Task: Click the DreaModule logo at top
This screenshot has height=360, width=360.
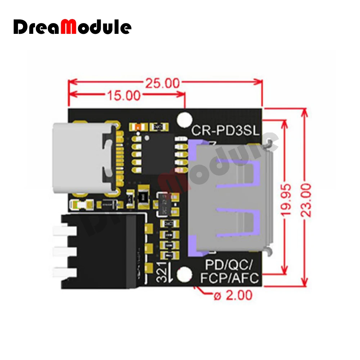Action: (72, 27)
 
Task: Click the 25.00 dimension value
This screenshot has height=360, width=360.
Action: (162, 83)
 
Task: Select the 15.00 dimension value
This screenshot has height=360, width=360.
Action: (123, 95)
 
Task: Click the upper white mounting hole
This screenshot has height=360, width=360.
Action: (185, 118)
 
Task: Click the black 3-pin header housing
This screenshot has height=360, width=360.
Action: (104, 250)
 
